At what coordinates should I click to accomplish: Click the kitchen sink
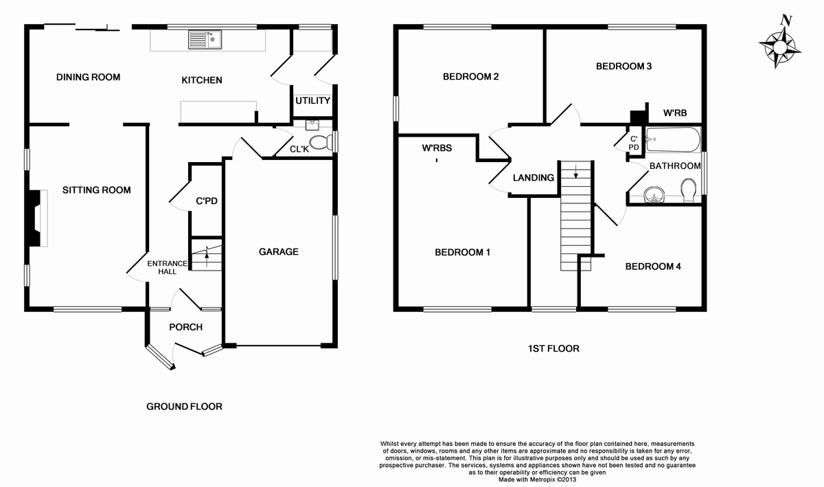click(x=205, y=39)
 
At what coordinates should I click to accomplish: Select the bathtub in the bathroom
click(x=674, y=139)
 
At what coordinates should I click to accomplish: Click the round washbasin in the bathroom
click(x=654, y=194)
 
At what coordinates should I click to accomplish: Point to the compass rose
click(x=779, y=47)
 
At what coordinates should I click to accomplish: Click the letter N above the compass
click(x=786, y=20)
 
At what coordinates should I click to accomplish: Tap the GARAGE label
click(x=279, y=252)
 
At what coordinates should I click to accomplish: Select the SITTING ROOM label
click(x=96, y=190)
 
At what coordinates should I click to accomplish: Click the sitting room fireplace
click(x=36, y=218)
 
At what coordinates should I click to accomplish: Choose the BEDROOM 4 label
click(x=653, y=266)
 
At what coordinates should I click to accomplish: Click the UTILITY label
click(x=312, y=100)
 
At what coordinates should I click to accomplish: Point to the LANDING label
click(x=534, y=178)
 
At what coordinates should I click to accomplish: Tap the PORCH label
click(x=186, y=327)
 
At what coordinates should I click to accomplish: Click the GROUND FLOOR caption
click(x=184, y=407)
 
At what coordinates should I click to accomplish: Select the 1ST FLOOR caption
click(x=553, y=348)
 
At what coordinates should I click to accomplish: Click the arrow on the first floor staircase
click(x=575, y=171)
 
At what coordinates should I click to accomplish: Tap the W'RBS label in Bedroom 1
click(x=437, y=148)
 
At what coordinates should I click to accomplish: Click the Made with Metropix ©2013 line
click(x=537, y=479)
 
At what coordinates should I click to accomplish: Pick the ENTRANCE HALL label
click(x=168, y=268)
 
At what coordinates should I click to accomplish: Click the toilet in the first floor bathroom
click(x=689, y=190)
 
